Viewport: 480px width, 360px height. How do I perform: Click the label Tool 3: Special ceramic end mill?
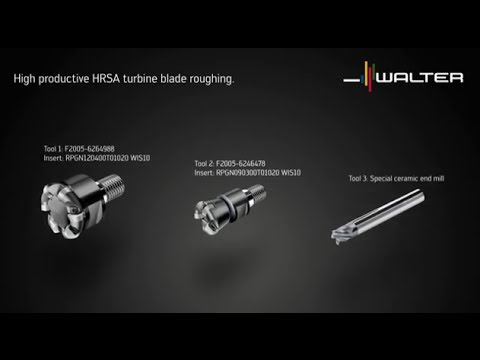pyautogui.click(x=394, y=178)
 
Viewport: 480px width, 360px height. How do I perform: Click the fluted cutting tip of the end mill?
pyautogui.click(x=345, y=231)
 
